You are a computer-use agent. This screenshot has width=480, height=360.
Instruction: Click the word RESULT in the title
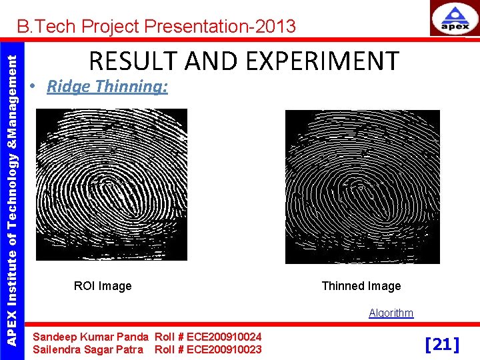(130, 61)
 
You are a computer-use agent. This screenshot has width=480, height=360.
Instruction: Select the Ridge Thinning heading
(107, 87)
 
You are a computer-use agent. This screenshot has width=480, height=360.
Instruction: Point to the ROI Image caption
(103, 286)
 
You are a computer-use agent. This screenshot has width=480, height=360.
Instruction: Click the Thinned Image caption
(361, 286)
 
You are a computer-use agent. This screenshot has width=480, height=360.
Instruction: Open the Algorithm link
(391, 313)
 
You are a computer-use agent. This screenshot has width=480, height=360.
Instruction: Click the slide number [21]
(442, 344)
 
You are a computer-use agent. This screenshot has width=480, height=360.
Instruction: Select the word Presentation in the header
(193, 27)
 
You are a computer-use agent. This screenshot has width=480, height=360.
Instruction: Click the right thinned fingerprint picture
(362, 187)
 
